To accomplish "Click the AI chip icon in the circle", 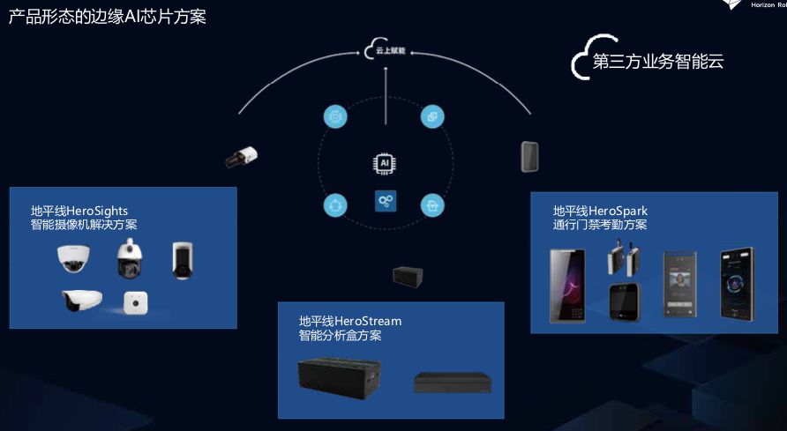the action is pos(385,164).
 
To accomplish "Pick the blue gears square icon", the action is pos(386,201).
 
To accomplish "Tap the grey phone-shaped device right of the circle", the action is pos(529,156).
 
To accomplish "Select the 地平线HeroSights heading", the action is pos(79,211).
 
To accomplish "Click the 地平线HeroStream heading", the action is pos(350,321).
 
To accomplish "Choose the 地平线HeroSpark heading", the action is pos(600,211).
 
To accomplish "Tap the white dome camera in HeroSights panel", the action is pos(75,257).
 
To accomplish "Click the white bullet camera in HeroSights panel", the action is pos(82,301).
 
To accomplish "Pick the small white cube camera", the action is pos(135,302).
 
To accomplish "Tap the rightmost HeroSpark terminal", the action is pos(738,281).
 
